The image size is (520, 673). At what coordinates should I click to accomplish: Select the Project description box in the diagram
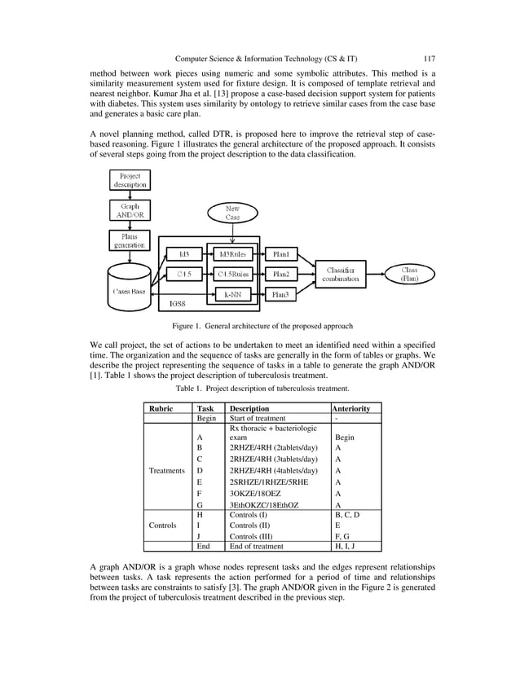pyautogui.click(x=129, y=180)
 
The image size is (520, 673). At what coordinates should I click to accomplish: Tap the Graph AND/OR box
pyautogui.click(x=129, y=211)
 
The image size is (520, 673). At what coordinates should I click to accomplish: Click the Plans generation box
pyautogui.click(x=129, y=241)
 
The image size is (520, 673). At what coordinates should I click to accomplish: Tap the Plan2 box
pyautogui.click(x=285, y=274)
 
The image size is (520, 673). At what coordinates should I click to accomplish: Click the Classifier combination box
pyautogui.click(x=340, y=275)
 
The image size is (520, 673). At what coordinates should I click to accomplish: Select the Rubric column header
pyautogui.click(x=160, y=408)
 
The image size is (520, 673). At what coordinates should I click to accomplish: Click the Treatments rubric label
pyautogui.click(x=165, y=470)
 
